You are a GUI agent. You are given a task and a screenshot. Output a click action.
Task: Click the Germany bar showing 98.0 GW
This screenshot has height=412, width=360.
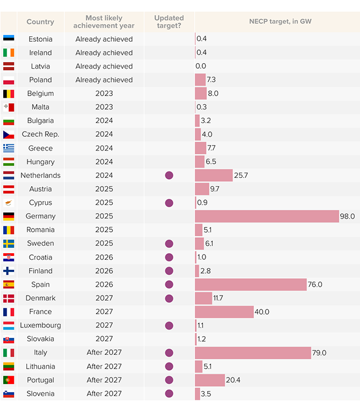click(x=267, y=216)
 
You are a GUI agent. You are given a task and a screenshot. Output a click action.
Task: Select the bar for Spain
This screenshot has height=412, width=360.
click(x=251, y=285)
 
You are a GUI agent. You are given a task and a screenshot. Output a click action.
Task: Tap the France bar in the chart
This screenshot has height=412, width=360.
click(x=224, y=312)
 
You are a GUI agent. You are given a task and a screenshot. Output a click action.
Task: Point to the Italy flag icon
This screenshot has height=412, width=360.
click(x=9, y=353)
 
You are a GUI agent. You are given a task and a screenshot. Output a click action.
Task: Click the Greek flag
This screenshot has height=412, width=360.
click(x=9, y=148)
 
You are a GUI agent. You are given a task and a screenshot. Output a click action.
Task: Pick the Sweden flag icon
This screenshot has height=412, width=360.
click(x=9, y=243)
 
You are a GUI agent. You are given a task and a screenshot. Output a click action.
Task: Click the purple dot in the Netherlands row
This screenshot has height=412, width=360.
click(x=169, y=175)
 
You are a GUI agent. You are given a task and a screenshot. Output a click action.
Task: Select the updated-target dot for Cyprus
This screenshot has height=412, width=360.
click(x=169, y=203)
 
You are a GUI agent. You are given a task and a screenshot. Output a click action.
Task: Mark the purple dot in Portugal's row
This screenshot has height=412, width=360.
click(x=169, y=380)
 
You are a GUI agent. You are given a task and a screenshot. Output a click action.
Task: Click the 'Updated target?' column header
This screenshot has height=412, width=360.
click(x=169, y=22)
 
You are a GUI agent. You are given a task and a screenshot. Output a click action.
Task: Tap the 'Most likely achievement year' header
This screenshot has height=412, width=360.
click(x=104, y=22)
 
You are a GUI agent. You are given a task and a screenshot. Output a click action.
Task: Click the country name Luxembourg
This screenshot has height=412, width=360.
click(x=40, y=325)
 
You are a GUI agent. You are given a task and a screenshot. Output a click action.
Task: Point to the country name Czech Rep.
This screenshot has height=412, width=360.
click(x=40, y=135)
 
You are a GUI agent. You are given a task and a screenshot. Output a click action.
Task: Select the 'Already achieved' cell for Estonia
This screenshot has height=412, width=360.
click(x=104, y=39)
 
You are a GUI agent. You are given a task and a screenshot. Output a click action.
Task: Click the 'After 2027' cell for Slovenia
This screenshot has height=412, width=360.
click(x=104, y=394)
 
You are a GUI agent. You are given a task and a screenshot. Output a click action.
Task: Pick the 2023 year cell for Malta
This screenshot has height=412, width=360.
click(x=104, y=107)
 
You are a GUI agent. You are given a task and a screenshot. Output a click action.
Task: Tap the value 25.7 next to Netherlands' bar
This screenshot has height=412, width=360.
click(x=242, y=175)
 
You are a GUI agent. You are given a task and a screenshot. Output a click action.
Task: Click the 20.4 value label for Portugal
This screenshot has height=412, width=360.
click(x=235, y=380)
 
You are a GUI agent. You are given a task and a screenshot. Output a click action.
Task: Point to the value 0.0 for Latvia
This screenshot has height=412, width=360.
click(x=201, y=66)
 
